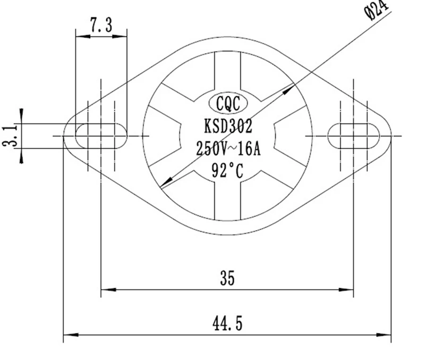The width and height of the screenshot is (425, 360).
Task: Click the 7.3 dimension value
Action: click(101, 25)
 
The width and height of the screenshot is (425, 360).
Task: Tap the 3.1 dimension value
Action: click(10, 136)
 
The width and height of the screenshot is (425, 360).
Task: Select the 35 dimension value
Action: click(227, 278)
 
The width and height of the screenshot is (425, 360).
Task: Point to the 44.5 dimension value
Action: click(227, 323)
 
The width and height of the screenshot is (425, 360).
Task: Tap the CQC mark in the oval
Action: click(228, 103)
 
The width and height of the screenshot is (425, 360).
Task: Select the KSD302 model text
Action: click(228, 126)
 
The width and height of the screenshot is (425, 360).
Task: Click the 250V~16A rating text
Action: click(228, 149)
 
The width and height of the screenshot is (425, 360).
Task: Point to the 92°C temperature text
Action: click(227, 171)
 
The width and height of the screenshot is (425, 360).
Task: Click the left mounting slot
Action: click(101, 136)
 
